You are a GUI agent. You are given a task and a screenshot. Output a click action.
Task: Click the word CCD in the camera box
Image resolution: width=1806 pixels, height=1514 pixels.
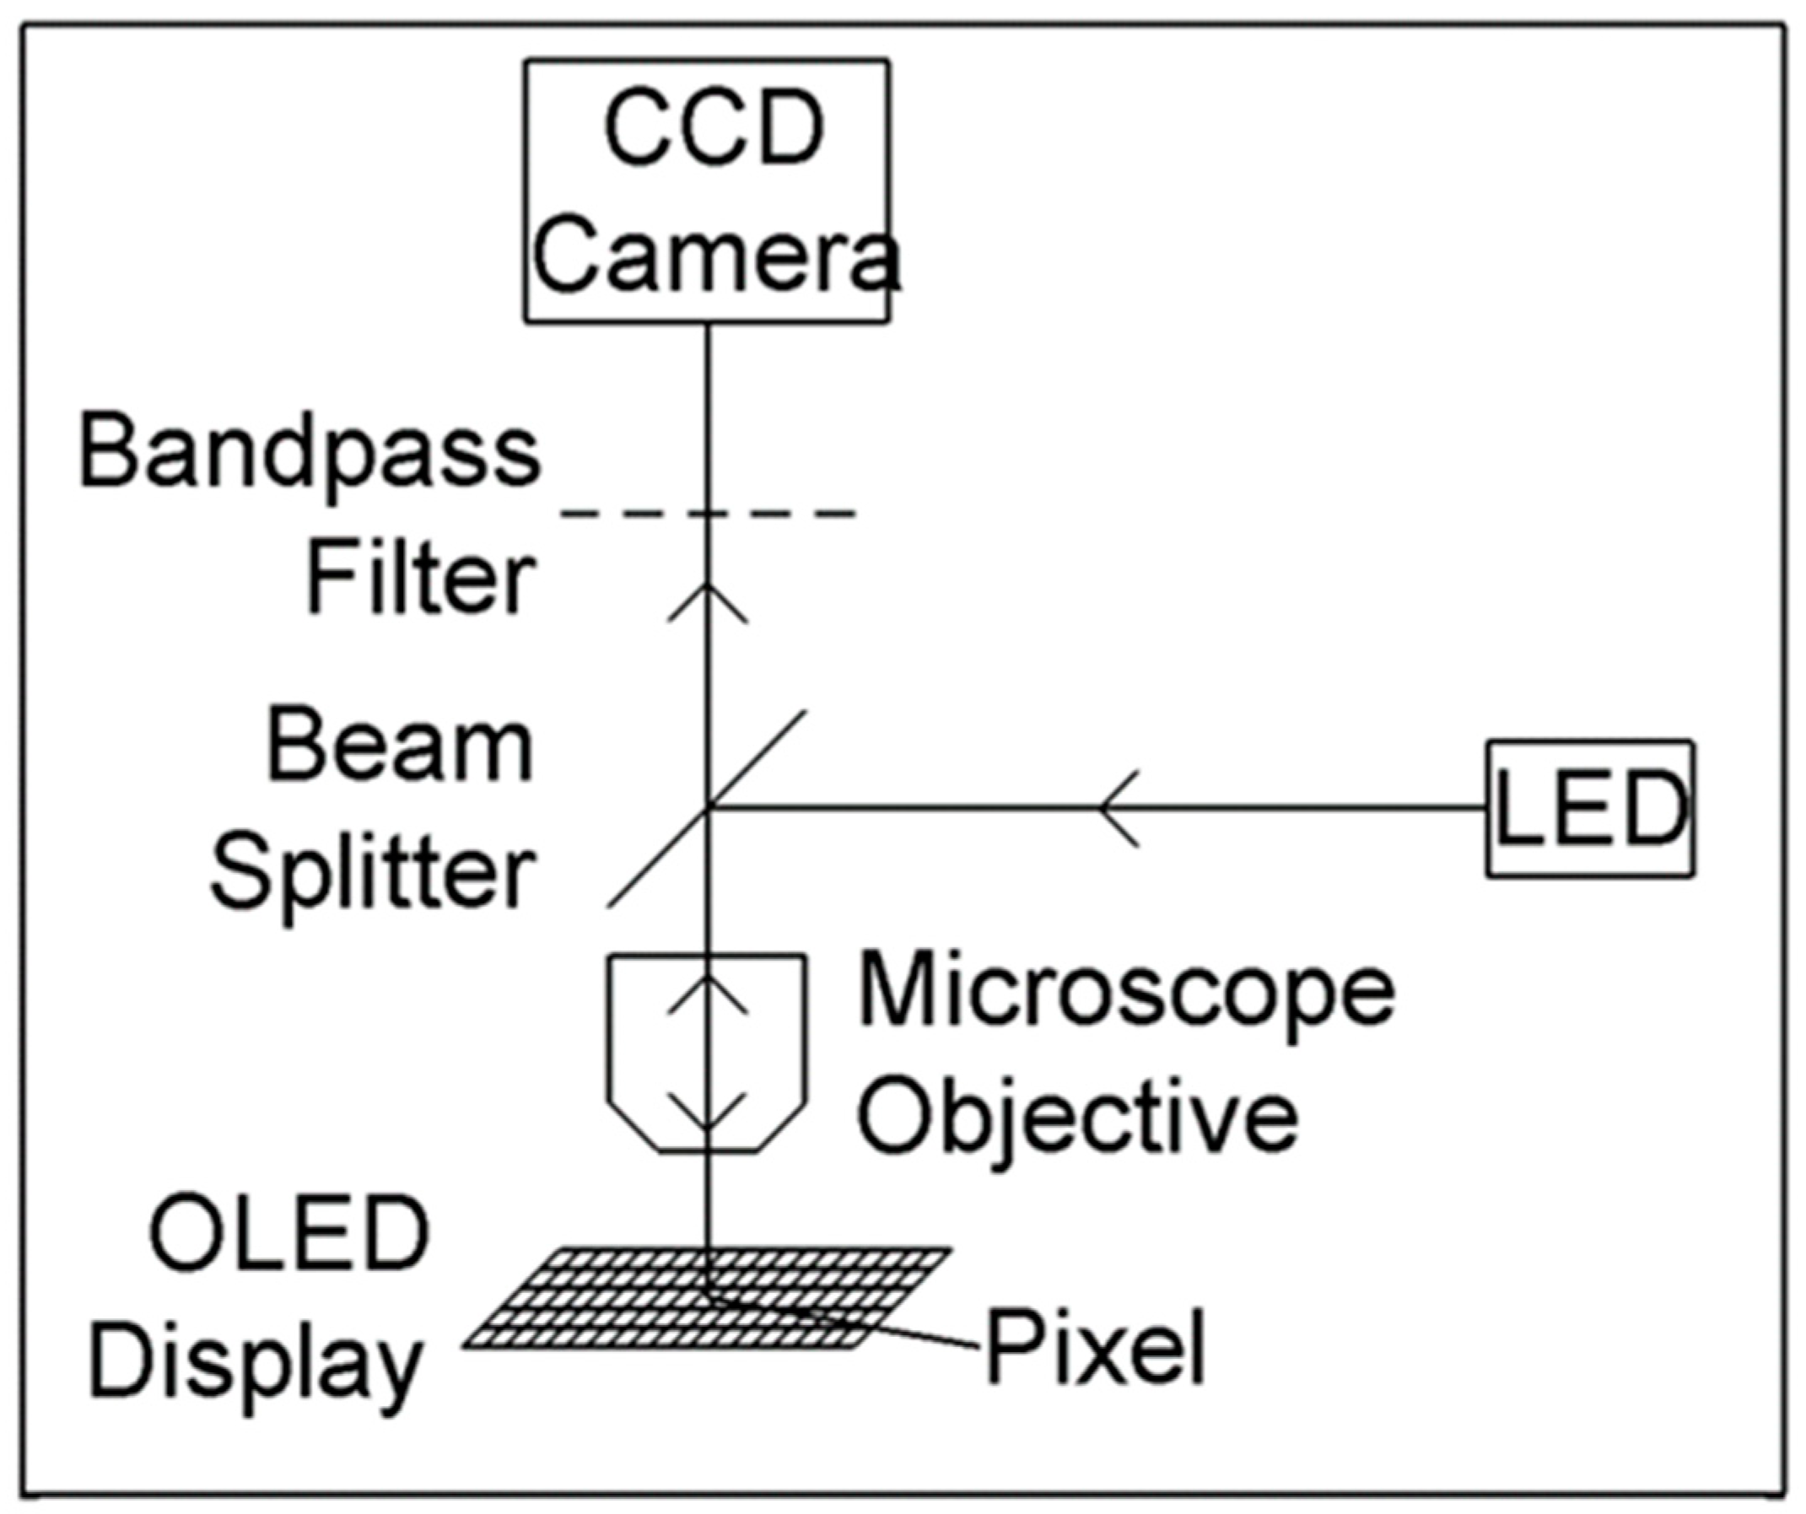[x=714, y=129]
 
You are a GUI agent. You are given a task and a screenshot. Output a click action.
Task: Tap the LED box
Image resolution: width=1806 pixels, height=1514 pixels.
[x=1590, y=808]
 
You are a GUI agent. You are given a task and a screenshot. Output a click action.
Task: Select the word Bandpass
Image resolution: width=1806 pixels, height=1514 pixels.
[x=310, y=455]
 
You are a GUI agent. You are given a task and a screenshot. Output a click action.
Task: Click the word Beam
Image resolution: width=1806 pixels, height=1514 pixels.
[x=400, y=746]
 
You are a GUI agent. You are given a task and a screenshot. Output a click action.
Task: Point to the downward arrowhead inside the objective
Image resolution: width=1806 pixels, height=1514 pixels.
[x=708, y=1113]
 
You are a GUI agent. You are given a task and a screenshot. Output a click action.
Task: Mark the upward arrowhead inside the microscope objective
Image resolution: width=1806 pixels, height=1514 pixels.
[x=708, y=994]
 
